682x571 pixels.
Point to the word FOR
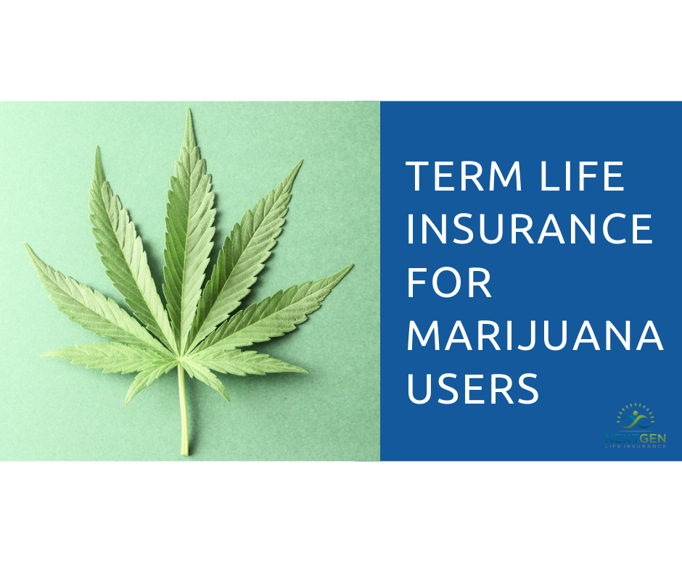(450, 282)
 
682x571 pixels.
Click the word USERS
(472, 388)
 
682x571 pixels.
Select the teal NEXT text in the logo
(621, 438)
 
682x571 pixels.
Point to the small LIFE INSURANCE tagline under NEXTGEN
(636, 446)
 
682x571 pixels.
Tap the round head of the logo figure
(636, 414)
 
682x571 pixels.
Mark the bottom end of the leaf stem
(185, 454)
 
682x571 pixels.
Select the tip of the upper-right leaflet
(300, 161)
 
